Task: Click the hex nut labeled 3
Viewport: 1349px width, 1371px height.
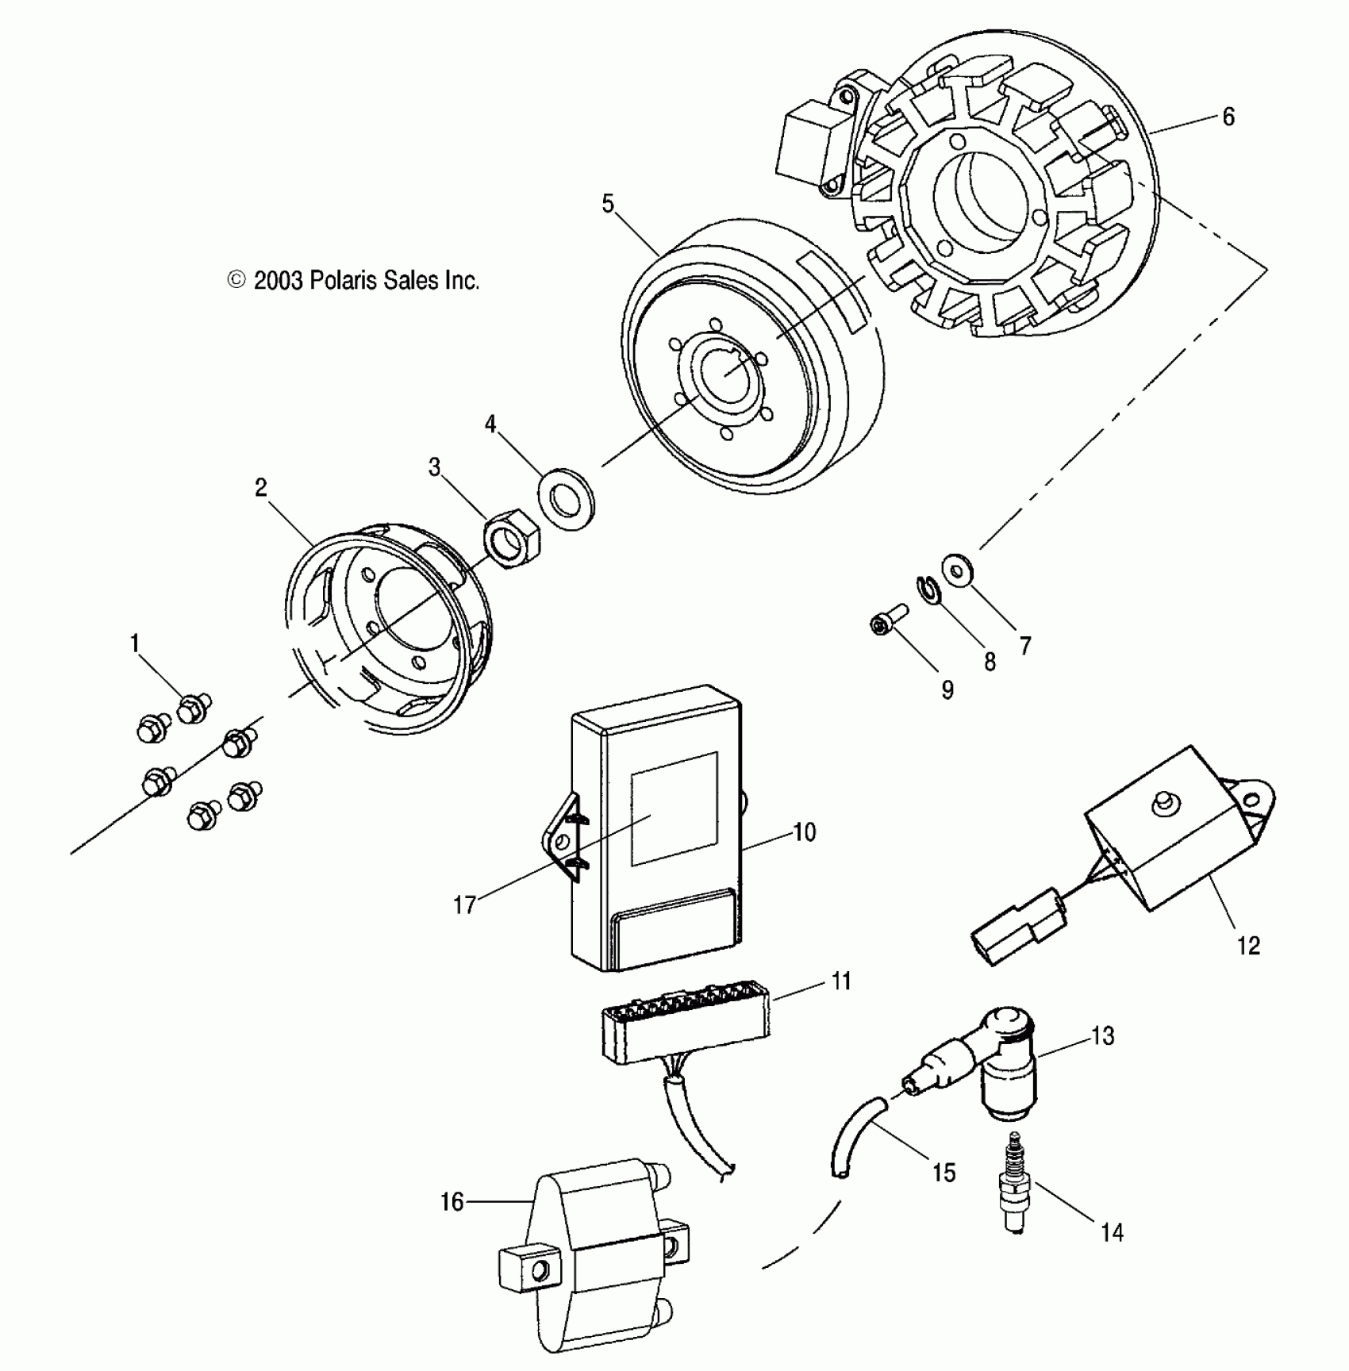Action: pyautogui.click(x=512, y=537)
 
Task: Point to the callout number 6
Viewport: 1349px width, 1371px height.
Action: pyautogui.click(x=1228, y=117)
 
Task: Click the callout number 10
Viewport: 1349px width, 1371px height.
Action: pyautogui.click(x=804, y=832)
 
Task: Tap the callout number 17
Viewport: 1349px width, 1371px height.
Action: pyautogui.click(x=464, y=904)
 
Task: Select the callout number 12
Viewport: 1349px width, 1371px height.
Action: pyautogui.click(x=1248, y=946)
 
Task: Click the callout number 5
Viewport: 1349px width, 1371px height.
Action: pyautogui.click(x=608, y=204)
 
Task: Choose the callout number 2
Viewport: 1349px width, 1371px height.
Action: pyautogui.click(x=261, y=488)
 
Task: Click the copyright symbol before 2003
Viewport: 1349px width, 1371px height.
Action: pyautogui.click(x=236, y=279)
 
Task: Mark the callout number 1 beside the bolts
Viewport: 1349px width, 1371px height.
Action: pyautogui.click(x=135, y=643)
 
